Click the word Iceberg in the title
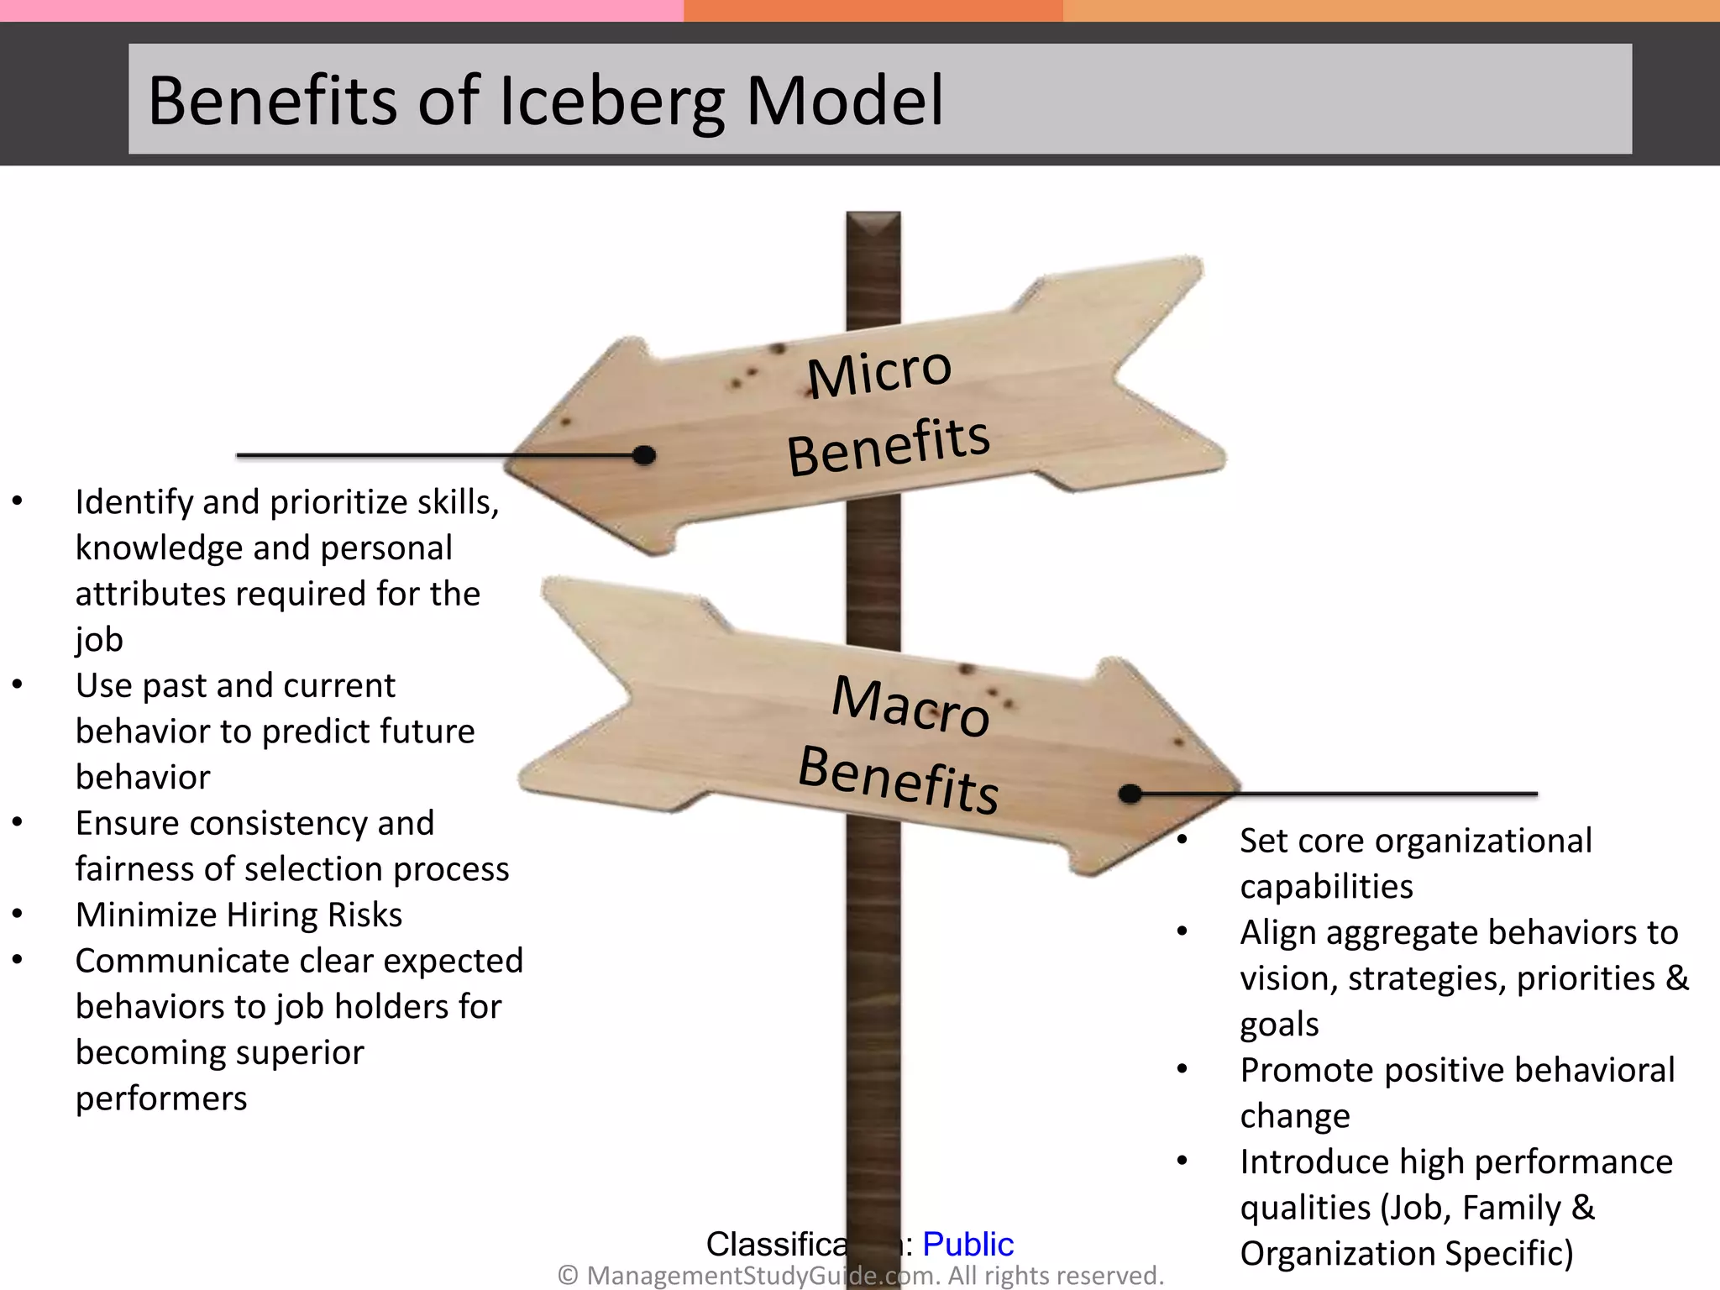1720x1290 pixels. coord(611,102)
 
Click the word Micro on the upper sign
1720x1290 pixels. coord(879,372)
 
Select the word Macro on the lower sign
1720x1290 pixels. coord(911,705)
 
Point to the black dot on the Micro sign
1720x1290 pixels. coord(644,455)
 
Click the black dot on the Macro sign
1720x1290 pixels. coord(1130,793)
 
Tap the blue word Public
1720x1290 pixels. coord(967,1244)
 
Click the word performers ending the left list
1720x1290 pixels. coord(161,1099)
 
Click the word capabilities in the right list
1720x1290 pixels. coord(1326,887)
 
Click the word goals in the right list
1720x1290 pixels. coord(1279,1025)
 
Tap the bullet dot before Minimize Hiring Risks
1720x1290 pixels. coord(18,914)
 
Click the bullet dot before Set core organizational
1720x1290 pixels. coord(1182,840)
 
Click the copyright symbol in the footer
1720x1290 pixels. coord(568,1276)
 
